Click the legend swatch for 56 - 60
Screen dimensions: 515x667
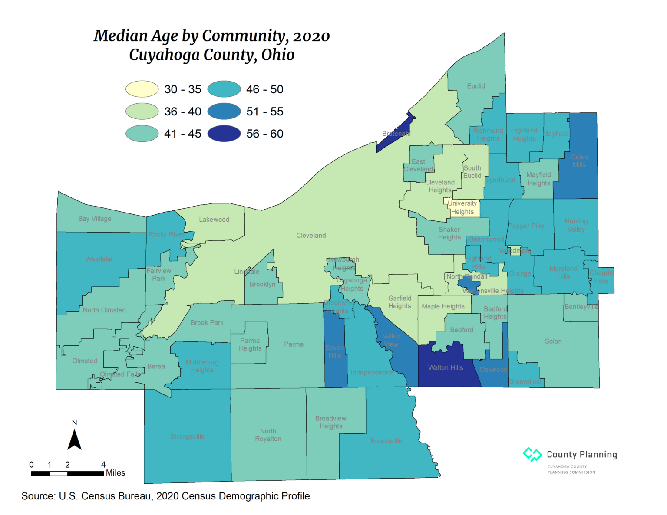coord(224,134)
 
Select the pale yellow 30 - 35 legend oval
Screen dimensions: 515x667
coord(142,89)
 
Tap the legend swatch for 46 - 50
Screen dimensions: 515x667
coord(224,89)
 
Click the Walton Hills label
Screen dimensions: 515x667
coord(446,368)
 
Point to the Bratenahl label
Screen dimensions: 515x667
coord(396,134)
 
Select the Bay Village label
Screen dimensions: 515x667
coord(95,219)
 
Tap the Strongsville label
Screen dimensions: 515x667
coord(187,436)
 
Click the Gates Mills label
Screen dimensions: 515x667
coord(579,161)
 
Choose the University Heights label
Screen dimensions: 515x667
coord(462,207)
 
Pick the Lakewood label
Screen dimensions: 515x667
coord(214,220)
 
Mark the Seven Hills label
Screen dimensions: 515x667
coord(335,351)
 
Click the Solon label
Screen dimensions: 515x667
coord(553,341)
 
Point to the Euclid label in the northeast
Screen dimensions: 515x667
coord(476,86)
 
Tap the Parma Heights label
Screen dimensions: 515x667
coord(250,344)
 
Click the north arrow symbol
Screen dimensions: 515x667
coord(75,439)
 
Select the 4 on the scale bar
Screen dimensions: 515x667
coord(103,465)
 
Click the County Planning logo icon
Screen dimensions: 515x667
coord(532,454)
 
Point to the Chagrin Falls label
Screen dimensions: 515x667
coord(601,277)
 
